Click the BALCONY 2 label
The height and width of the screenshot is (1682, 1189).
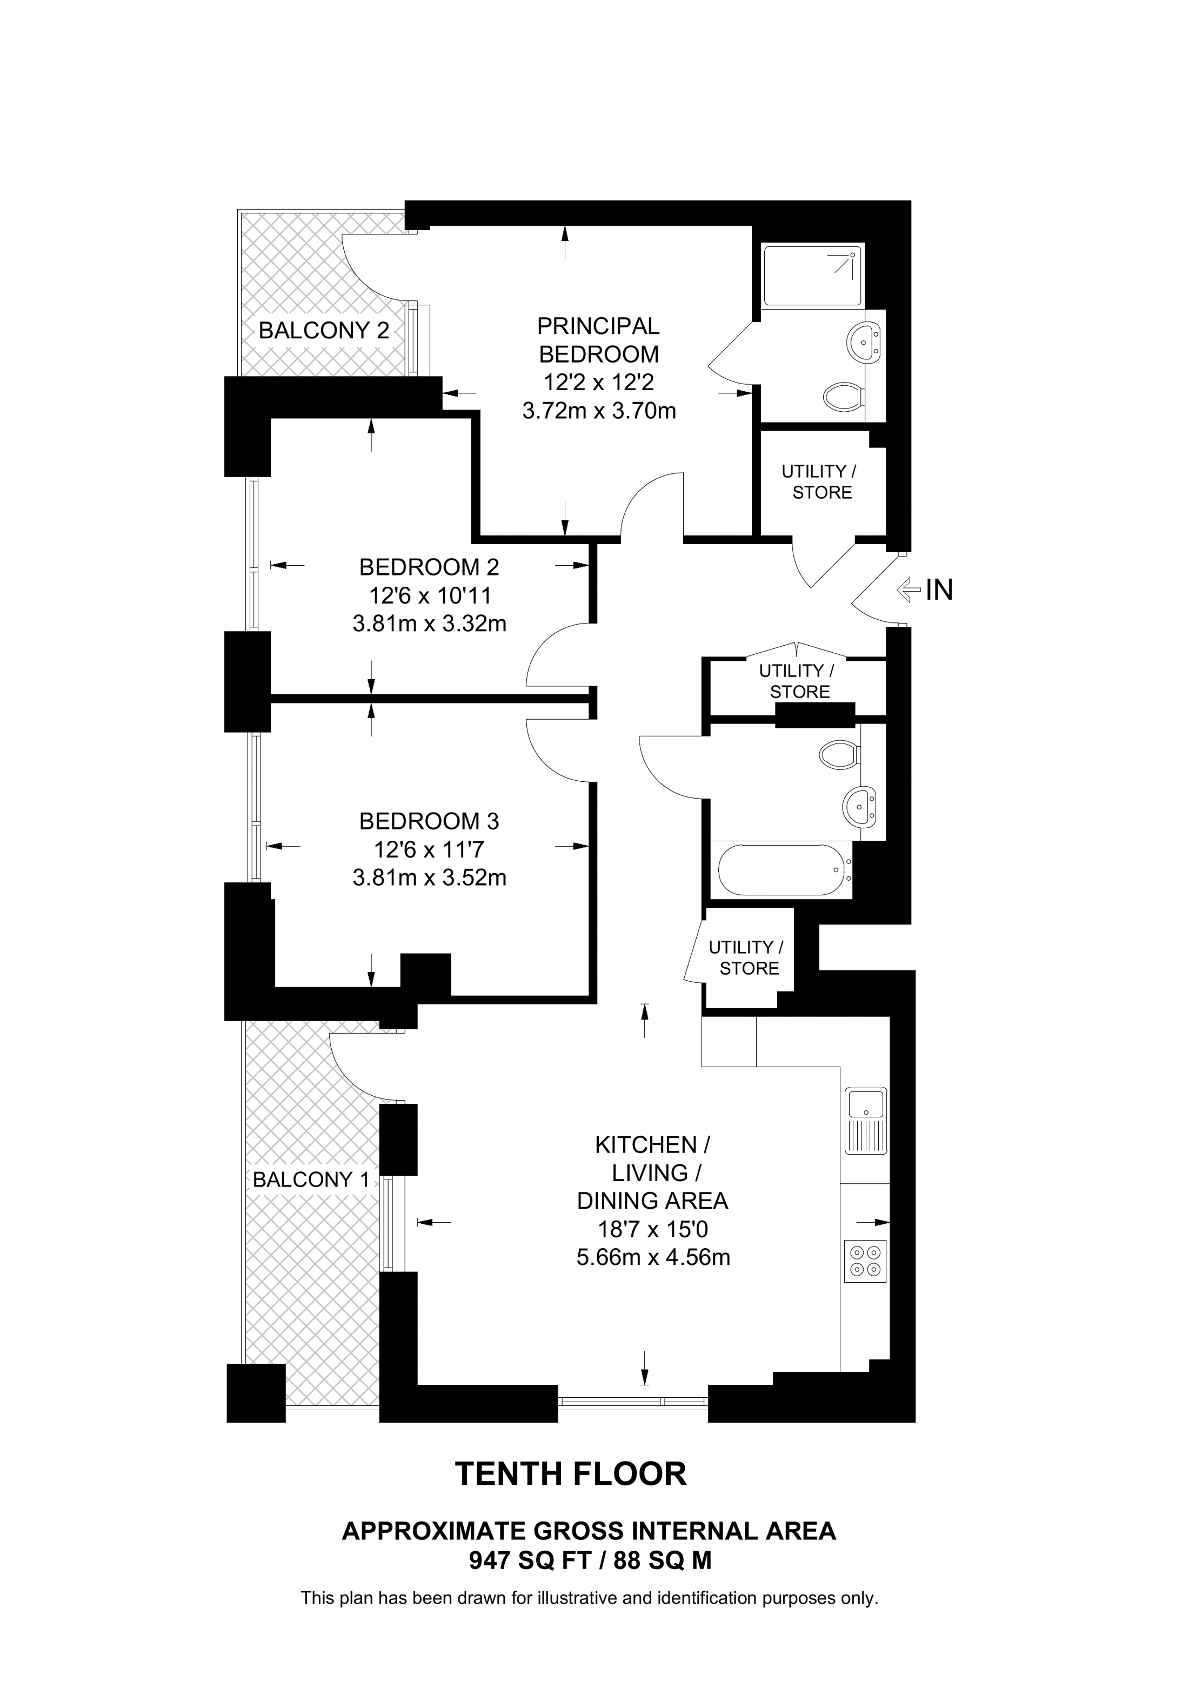pos(324,330)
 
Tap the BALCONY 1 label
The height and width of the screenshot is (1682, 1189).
pos(311,1180)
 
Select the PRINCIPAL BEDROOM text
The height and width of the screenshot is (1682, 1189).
pos(598,340)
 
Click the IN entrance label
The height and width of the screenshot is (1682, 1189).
pos(939,589)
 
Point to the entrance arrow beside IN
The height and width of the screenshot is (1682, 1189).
pos(909,589)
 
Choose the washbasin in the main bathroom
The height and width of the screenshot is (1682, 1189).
pos(859,805)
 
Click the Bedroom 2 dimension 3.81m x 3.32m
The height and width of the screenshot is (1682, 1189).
pos(429,624)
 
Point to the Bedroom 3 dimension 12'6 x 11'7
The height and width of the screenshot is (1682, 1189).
pos(429,850)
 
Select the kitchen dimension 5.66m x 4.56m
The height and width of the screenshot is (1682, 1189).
pos(653,1257)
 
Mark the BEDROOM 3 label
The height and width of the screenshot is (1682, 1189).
pos(429,821)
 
